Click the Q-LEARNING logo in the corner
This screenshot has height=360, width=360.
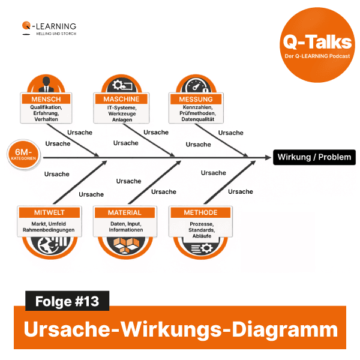[x=49, y=28]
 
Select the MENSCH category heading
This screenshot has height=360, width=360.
[x=46, y=98]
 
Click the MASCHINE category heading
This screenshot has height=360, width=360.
[x=121, y=98]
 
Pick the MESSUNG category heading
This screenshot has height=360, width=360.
[x=196, y=98]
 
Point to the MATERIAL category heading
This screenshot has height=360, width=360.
[x=125, y=212]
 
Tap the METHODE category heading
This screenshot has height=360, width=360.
[x=200, y=212]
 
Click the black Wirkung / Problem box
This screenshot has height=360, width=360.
[x=314, y=158]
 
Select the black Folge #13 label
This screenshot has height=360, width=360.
[x=67, y=300]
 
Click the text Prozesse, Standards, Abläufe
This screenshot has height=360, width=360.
[x=200, y=230]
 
